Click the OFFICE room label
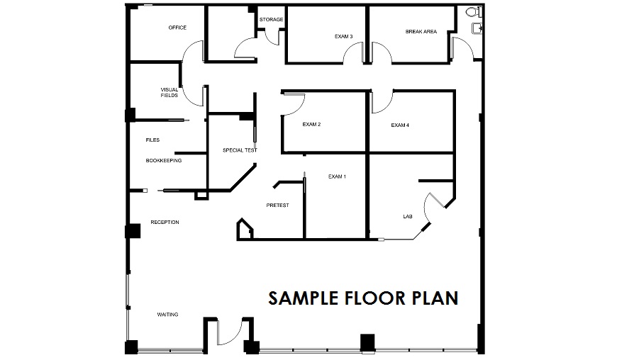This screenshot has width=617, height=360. (177, 28)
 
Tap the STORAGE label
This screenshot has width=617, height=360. (271, 19)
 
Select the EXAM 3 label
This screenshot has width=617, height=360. (343, 37)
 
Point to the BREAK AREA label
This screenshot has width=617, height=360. (421, 31)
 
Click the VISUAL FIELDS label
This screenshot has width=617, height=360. (169, 92)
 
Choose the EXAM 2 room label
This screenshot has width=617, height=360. (311, 124)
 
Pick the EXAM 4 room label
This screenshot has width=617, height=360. (400, 125)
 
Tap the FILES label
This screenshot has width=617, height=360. (152, 140)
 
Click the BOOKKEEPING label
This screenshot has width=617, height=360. (164, 160)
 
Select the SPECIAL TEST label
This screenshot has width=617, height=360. (240, 150)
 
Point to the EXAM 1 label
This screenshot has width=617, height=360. (338, 176)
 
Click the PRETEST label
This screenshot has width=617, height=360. (278, 205)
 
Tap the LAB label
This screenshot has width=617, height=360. (408, 217)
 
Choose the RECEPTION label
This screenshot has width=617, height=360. (165, 222)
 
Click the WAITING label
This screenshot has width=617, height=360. (167, 315)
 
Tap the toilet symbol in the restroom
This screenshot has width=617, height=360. (474, 12)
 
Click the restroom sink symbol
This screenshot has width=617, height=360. (477, 28)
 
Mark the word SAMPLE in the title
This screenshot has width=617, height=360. (304, 298)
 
